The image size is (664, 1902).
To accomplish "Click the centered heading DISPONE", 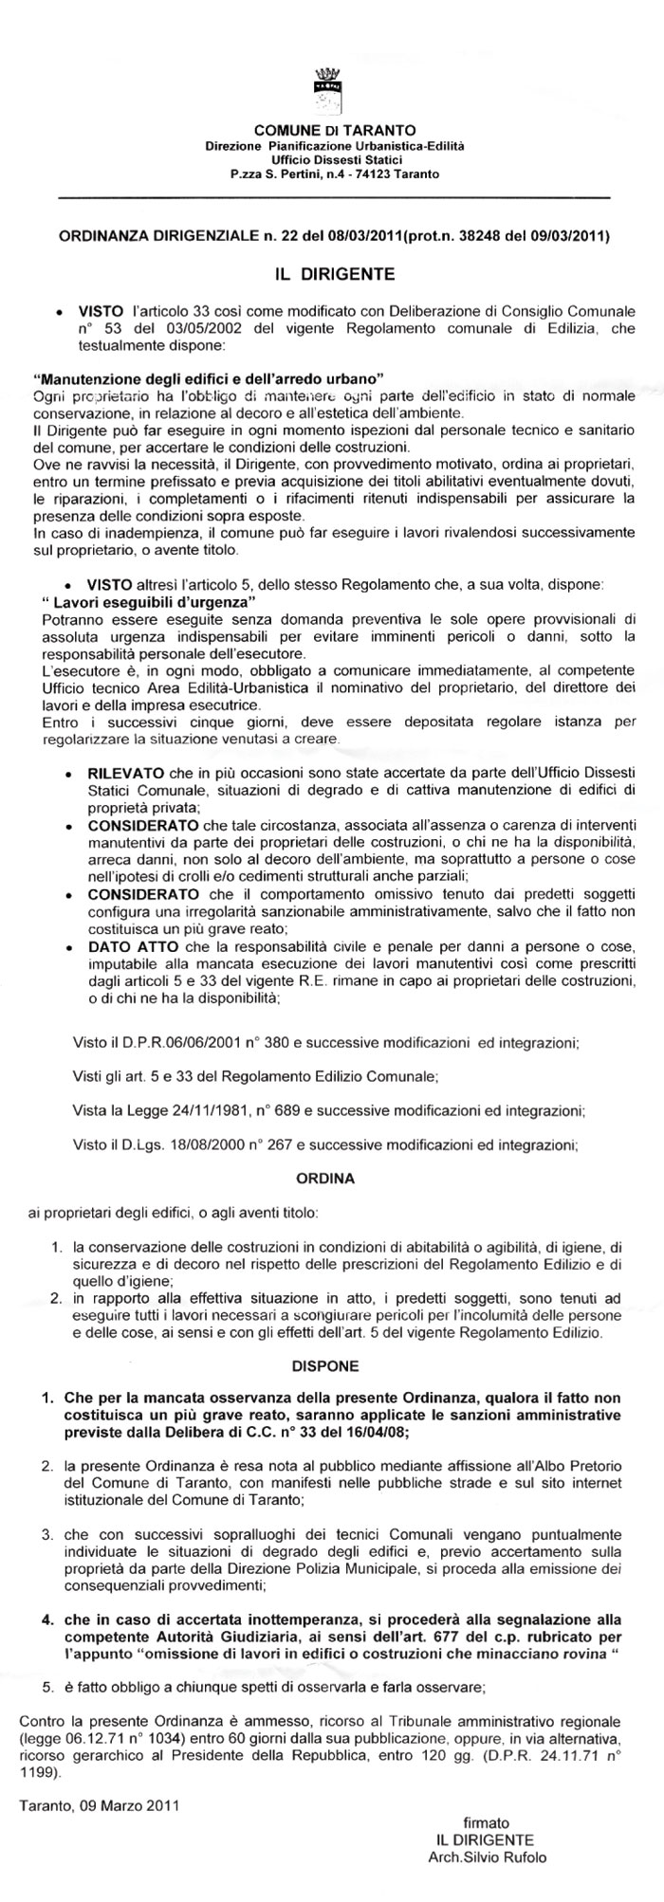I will pos(328,1366).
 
